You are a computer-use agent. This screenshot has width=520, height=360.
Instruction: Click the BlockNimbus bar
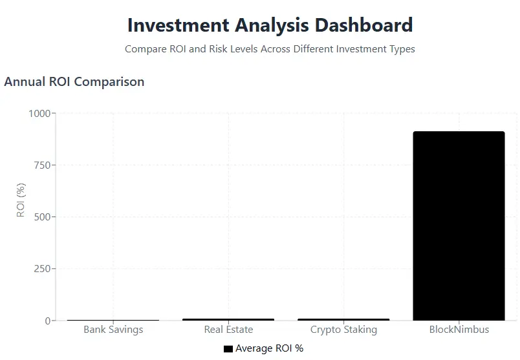point(459,226)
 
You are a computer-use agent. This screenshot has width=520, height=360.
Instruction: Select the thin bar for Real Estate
point(228,319)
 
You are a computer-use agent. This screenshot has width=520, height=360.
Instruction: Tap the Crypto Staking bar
point(343,319)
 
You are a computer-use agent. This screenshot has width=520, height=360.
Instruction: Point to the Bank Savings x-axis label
point(113,330)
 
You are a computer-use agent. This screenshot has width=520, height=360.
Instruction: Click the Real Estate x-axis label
point(228,330)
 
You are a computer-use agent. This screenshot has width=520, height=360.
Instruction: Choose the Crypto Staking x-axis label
point(343,330)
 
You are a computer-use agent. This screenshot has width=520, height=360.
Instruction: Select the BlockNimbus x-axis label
point(459,330)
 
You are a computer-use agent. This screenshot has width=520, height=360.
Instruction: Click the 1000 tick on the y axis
point(39,114)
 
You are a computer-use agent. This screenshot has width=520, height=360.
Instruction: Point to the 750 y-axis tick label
point(42,165)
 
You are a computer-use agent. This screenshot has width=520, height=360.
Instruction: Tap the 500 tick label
point(42,217)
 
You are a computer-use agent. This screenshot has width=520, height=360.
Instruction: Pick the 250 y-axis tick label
point(42,269)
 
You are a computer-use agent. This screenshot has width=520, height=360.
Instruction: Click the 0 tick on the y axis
point(48,321)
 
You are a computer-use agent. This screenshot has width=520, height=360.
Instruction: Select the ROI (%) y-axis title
point(21,200)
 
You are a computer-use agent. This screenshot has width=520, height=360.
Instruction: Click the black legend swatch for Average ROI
point(228,349)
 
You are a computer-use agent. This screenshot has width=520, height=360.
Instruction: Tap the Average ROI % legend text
point(269,348)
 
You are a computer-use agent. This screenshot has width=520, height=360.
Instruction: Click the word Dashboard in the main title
point(363,25)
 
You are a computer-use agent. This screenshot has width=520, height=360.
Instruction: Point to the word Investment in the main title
point(179,25)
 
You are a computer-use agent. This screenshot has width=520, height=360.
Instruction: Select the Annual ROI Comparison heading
point(74,82)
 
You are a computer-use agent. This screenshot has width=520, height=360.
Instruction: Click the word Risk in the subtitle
point(218,49)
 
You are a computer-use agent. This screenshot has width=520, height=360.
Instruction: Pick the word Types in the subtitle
point(402,49)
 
